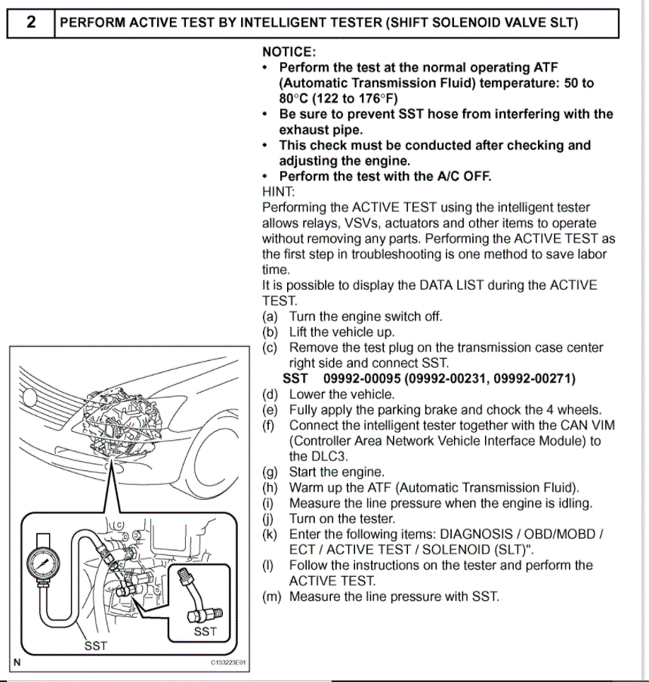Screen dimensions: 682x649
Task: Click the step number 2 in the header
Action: (x=31, y=22)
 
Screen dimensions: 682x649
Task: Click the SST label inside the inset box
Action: (x=205, y=631)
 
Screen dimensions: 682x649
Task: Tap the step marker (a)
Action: (x=270, y=316)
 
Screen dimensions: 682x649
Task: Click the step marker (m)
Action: (x=271, y=597)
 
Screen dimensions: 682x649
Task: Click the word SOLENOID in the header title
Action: (x=466, y=23)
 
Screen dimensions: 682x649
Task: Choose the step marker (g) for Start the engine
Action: (x=270, y=472)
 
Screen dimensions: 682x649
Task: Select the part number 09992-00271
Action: (x=533, y=378)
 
